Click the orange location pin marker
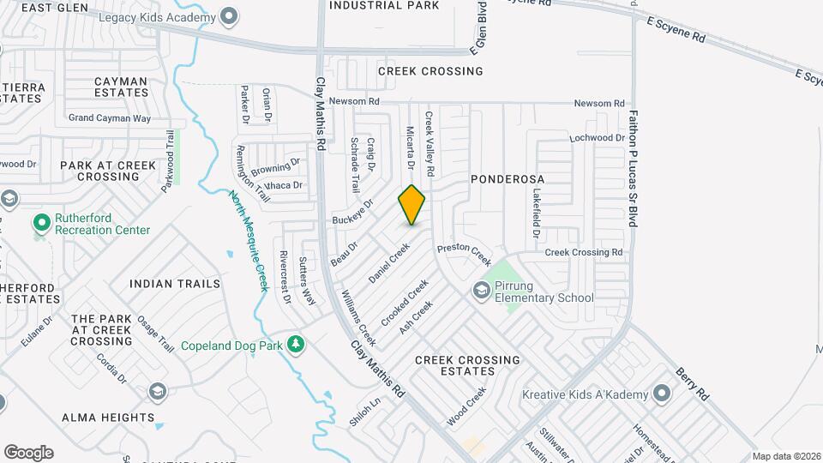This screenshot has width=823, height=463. (x=412, y=205)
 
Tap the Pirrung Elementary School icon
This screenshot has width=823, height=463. (x=480, y=292)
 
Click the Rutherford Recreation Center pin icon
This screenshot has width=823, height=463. (x=41, y=223)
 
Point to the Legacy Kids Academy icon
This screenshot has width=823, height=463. (x=229, y=16)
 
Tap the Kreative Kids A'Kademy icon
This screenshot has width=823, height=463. (x=661, y=394)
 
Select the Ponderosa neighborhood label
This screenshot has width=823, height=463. (x=508, y=178)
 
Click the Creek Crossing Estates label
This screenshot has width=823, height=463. (x=467, y=365)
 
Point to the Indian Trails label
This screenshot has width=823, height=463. (x=175, y=283)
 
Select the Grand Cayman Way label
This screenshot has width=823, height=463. (x=109, y=118)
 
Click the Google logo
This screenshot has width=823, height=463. (x=28, y=452)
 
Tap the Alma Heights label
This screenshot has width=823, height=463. (x=108, y=418)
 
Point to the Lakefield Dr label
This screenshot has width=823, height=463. (x=536, y=213)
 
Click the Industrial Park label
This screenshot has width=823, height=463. (x=384, y=6)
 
